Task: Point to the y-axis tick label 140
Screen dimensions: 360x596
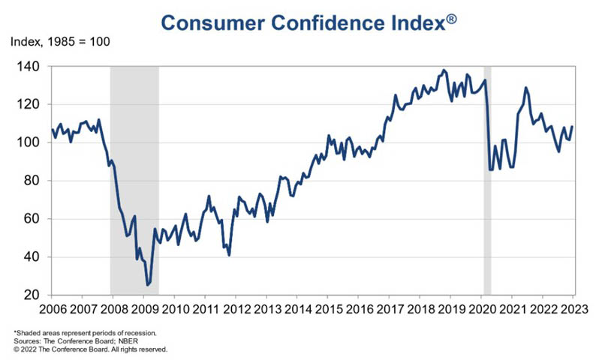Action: pos(31,67)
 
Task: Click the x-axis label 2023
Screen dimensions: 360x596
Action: pos(573,309)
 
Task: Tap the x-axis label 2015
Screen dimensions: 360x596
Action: pos(327,309)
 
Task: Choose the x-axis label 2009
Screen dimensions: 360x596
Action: pos(143,309)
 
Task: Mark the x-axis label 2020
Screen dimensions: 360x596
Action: pos(481,309)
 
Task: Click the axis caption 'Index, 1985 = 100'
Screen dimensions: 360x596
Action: pos(60,41)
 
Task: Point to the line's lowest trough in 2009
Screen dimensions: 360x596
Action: pos(147,285)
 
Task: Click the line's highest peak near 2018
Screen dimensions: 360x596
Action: pos(444,70)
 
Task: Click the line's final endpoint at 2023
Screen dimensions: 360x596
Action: pos(573,127)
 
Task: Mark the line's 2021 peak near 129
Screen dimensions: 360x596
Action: pos(525,88)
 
